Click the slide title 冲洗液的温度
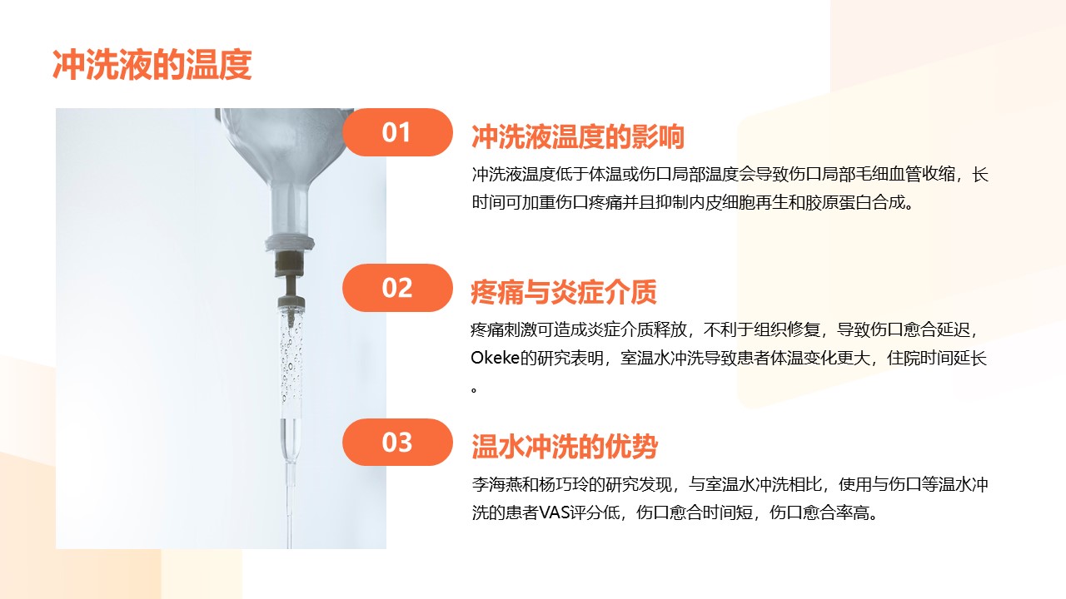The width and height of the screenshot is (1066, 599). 152,65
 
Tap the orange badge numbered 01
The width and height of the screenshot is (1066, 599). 397,132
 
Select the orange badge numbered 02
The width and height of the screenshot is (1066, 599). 397,288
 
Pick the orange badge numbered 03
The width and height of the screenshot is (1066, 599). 397,442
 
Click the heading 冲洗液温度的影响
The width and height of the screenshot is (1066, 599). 578,137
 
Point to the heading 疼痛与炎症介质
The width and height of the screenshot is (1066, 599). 564,292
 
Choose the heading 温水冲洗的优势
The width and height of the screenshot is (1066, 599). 565,447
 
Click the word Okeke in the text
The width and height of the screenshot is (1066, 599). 495,358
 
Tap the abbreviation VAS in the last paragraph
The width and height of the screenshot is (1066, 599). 554,512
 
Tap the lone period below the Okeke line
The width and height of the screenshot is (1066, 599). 474,390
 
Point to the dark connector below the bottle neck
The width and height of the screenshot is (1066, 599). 289,264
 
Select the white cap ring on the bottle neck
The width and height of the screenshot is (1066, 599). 290,242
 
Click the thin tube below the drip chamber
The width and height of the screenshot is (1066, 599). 290,504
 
